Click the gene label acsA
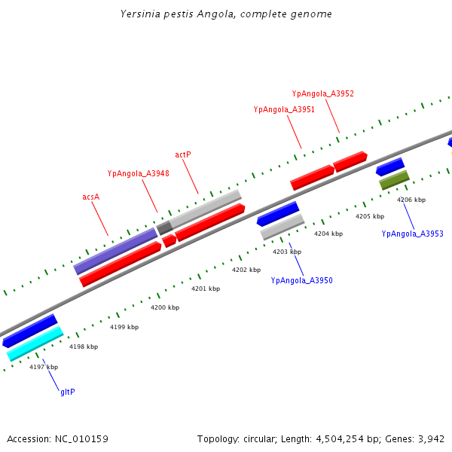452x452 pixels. [x=91, y=197]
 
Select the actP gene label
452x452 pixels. [x=183, y=154]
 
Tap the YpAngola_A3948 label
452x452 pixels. [x=138, y=173]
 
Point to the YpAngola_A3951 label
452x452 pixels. [x=284, y=109]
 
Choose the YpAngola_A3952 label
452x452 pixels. [x=322, y=93]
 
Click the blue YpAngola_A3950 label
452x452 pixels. [x=301, y=280]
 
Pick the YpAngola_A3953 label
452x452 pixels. [x=412, y=234]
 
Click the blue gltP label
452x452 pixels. [x=68, y=392]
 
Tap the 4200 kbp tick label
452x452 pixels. [x=165, y=307]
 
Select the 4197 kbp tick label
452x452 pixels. [x=44, y=367]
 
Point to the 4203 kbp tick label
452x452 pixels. [x=287, y=252]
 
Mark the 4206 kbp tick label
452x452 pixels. [x=411, y=200]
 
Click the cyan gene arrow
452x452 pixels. [x=35, y=344]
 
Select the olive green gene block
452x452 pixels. [x=394, y=180]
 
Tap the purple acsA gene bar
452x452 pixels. [x=115, y=252]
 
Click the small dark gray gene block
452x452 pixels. [x=164, y=228]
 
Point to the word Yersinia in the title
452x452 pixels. [x=139, y=14]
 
